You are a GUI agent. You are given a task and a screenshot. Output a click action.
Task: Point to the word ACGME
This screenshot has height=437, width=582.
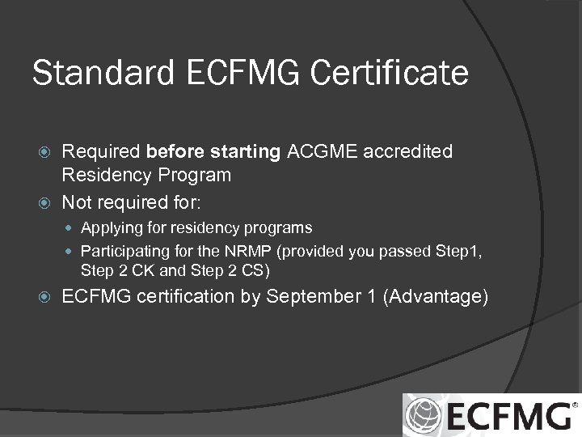[339, 151]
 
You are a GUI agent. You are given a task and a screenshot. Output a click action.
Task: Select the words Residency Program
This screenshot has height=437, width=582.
[146, 175]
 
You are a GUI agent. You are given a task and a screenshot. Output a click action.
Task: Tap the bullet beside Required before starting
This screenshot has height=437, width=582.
[46, 152]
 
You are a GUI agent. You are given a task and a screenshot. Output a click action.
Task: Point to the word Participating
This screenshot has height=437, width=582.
[124, 251]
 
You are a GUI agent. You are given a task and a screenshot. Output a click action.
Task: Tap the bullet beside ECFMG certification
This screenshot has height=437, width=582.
[46, 298]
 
